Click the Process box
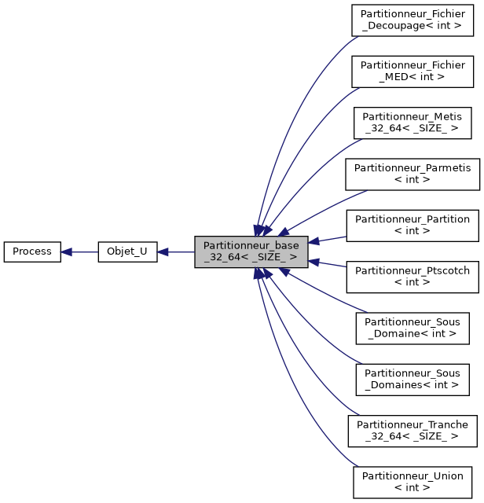click(32, 251)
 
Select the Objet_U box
click(126, 251)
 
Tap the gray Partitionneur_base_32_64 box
click(251, 251)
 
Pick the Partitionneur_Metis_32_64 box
click(412, 122)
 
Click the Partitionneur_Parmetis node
click(412, 174)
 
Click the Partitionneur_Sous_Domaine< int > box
click(412, 328)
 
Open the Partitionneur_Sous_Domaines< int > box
click(412, 380)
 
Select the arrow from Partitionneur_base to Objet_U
click(176, 251)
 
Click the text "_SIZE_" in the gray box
click(266, 258)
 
